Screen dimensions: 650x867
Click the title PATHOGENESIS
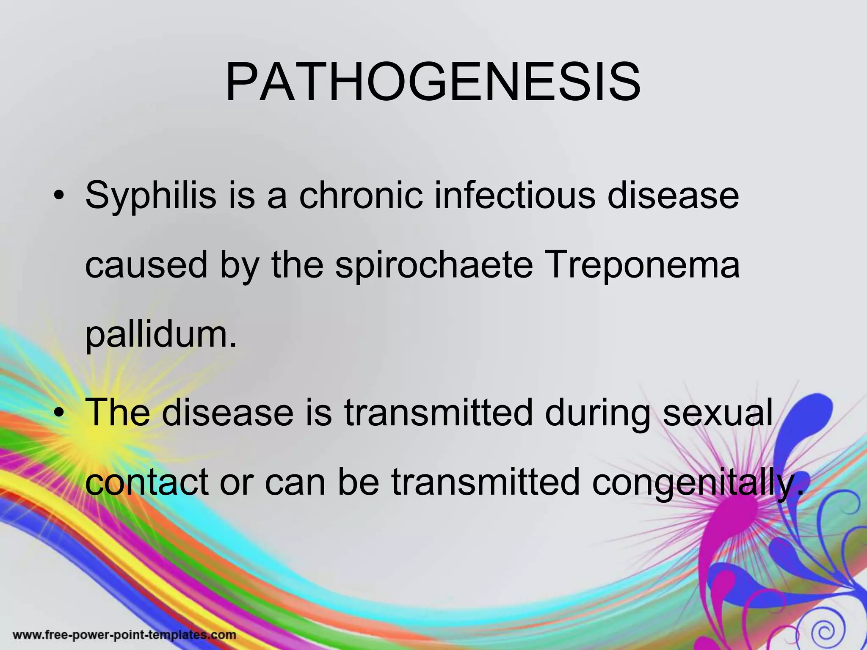pos(433,82)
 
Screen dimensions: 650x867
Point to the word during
pos(597,412)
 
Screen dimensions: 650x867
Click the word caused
pos(146,266)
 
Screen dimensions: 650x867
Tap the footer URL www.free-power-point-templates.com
pos(124,635)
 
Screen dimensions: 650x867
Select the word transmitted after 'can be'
pos(485,482)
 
